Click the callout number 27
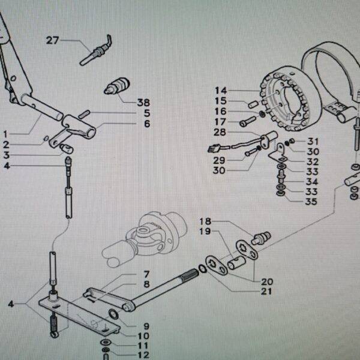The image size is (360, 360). point(53,40)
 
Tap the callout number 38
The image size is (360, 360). point(143,102)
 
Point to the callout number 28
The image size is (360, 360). point(220,132)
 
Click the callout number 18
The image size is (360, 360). point(205,221)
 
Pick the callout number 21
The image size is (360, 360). point(266,292)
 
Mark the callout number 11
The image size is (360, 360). point(142,346)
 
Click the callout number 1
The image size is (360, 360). point(5,133)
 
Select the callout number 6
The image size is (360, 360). point(146,124)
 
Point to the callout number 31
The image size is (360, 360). point(313,142)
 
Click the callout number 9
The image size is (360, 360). point(146,326)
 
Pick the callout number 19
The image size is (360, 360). point(205,231)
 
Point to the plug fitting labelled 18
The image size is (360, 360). point(261,238)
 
